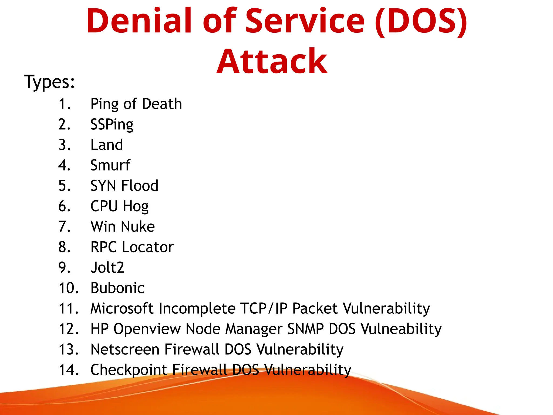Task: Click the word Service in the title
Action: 305,21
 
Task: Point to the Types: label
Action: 49,82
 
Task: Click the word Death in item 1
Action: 162,104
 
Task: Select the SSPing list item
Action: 112,125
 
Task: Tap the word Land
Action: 107,145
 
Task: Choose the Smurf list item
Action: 110,165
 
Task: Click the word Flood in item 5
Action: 140,186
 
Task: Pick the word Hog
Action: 136,206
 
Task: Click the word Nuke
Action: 139,227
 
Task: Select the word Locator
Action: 148,247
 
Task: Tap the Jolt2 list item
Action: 107,267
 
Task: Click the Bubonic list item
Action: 117,288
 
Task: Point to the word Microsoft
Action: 122,309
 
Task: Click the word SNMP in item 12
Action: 305,329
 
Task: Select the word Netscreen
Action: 125,349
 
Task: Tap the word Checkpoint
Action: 129,370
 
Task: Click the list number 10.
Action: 69,288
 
